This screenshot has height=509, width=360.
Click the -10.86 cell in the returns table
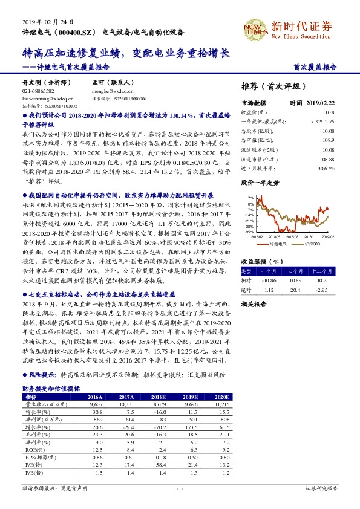(267, 280)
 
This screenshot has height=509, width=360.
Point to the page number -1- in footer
(179, 488)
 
